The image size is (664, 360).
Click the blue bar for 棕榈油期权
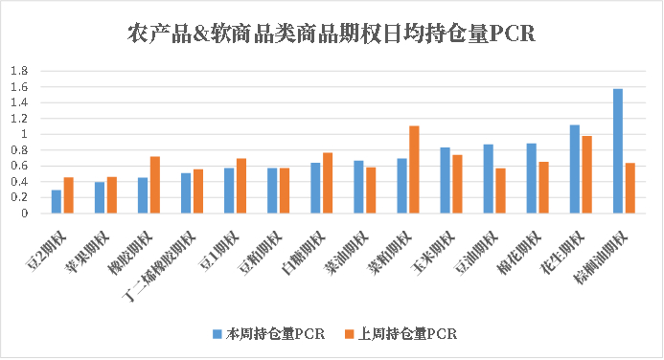(618, 151)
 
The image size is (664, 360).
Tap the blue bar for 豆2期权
(57, 202)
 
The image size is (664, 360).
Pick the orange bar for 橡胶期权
(154, 185)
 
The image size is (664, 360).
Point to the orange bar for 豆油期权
(500, 191)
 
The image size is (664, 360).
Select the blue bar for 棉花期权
(532, 178)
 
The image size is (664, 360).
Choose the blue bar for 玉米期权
(446, 181)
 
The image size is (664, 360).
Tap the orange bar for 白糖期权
(328, 183)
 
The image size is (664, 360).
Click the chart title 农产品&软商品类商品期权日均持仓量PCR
(331, 34)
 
